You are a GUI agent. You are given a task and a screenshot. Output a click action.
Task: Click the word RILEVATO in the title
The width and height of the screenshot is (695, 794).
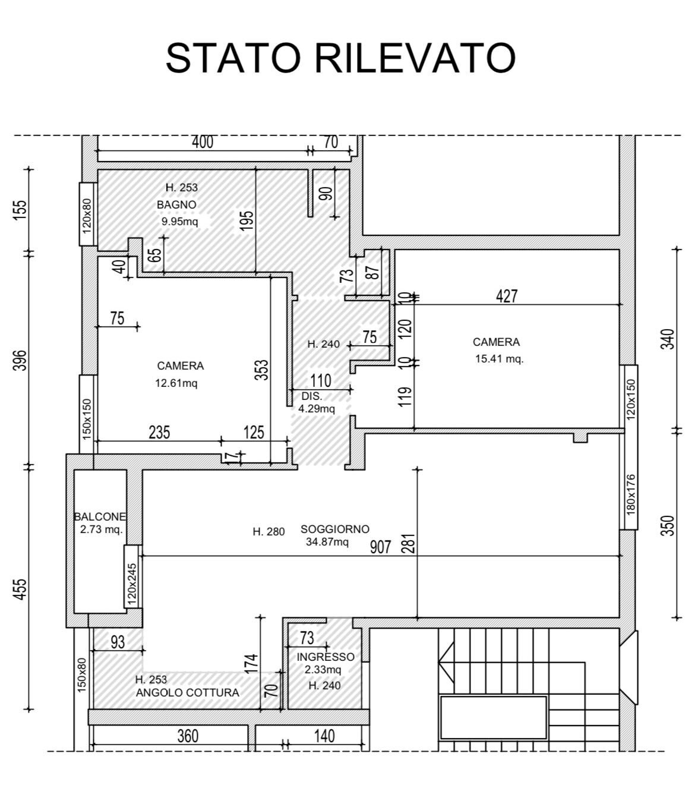point(414,58)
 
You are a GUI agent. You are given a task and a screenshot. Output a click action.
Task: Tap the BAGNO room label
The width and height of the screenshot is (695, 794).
point(176,204)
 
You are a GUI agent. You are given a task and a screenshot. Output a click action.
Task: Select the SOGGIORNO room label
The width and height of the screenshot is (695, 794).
point(335,529)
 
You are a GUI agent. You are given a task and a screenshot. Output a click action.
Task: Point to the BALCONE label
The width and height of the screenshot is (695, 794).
point(100,517)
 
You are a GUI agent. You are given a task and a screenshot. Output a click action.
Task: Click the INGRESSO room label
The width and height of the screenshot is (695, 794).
point(326,657)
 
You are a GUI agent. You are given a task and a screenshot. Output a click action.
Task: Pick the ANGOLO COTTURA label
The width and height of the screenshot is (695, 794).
point(188,692)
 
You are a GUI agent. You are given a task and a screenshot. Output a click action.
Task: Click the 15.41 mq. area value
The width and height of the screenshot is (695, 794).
point(499,358)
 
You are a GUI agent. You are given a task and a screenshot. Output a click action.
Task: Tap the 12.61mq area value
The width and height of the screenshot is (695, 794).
point(176,383)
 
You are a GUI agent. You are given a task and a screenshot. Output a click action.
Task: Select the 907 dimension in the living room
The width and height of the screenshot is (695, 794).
point(380,546)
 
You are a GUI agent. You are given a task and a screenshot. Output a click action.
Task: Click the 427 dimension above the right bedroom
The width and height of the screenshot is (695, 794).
point(507,295)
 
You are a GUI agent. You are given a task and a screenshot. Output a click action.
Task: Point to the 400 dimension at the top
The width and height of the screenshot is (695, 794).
point(202,142)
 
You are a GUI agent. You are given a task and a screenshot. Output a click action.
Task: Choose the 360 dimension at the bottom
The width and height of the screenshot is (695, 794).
point(188,736)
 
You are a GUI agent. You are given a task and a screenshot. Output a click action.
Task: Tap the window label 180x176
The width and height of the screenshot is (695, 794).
point(631,494)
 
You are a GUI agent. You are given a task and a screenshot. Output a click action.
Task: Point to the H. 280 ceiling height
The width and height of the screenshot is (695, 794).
point(268,532)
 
